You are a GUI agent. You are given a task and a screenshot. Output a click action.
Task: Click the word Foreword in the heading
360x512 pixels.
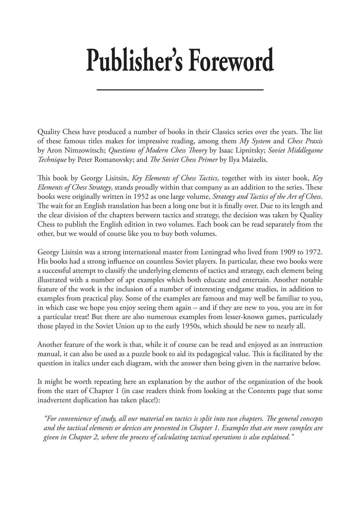(x=231, y=60)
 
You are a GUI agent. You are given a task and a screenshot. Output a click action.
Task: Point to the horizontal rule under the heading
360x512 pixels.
(x=180, y=90)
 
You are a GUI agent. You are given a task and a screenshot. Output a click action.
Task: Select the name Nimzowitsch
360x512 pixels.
(x=85, y=150)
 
